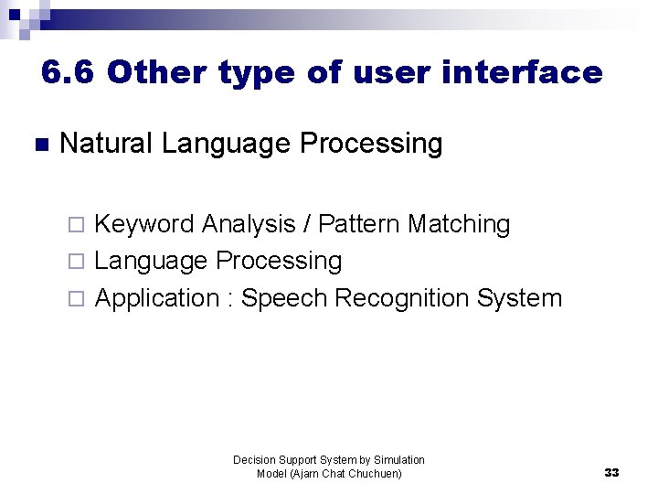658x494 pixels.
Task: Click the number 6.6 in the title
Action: (x=68, y=72)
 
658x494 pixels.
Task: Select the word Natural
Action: (x=107, y=144)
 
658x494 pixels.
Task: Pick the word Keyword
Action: (x=144, y=224)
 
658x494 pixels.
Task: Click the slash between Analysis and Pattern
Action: (x=309, y=224)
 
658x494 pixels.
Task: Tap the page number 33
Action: (x=611, y=473)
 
